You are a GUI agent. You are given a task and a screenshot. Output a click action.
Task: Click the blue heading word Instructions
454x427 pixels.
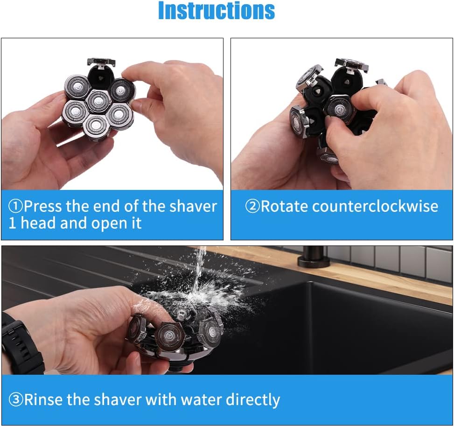(217, 11)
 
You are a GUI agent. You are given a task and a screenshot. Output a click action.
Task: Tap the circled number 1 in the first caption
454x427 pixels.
(15, 206)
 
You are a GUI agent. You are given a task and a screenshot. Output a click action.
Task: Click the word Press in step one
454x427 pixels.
(43, 206)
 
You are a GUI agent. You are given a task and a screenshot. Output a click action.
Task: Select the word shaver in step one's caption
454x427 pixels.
(193, 206)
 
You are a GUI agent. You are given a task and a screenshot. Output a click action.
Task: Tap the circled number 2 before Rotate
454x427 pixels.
(252, 206)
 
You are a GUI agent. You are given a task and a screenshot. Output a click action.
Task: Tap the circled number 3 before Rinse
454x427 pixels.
(16, 400)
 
